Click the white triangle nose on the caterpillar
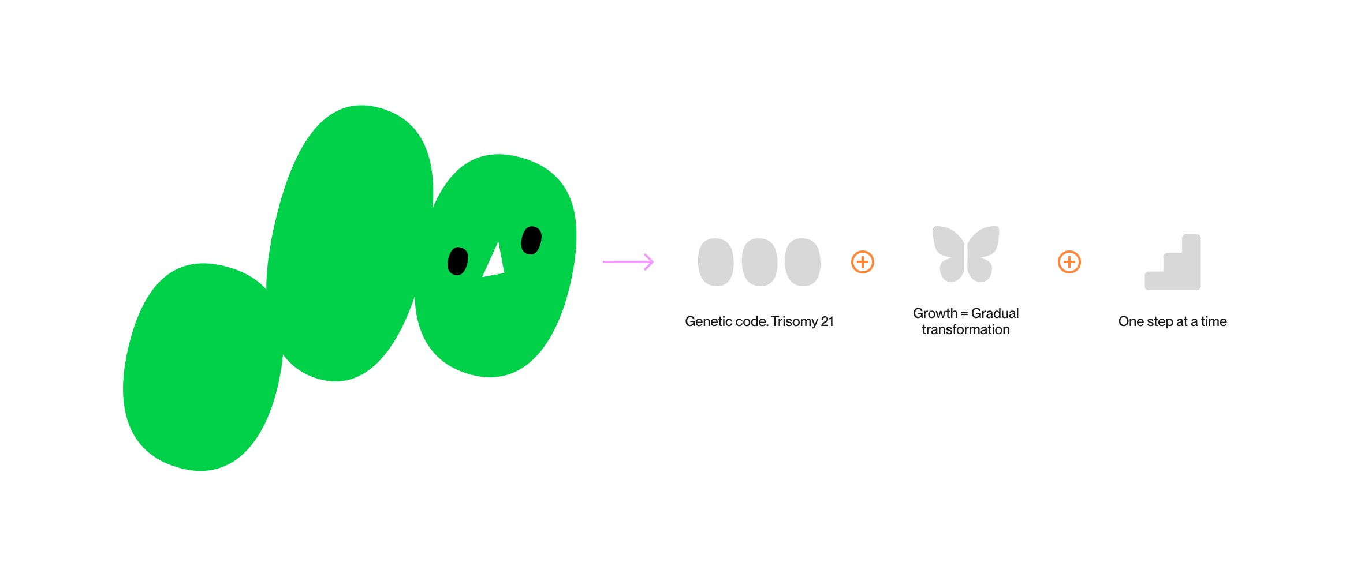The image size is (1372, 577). (494, 263)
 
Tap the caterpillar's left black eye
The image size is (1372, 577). (458, 261)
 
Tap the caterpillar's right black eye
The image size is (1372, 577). (531, 240)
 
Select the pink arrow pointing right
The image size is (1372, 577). (628, 262)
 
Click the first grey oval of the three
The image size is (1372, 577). (715, 262)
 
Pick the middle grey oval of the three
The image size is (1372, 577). (759, 262)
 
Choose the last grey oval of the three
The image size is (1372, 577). (803, 262)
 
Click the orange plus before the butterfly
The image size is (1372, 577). (863, 262)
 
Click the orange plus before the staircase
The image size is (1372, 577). (1069, 262)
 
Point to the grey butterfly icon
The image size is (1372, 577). (966, 254)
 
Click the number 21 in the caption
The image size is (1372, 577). (827, 321)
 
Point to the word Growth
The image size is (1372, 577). (935, 313)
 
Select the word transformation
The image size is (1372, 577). (966, 329)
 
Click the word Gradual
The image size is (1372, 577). (995, 313)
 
